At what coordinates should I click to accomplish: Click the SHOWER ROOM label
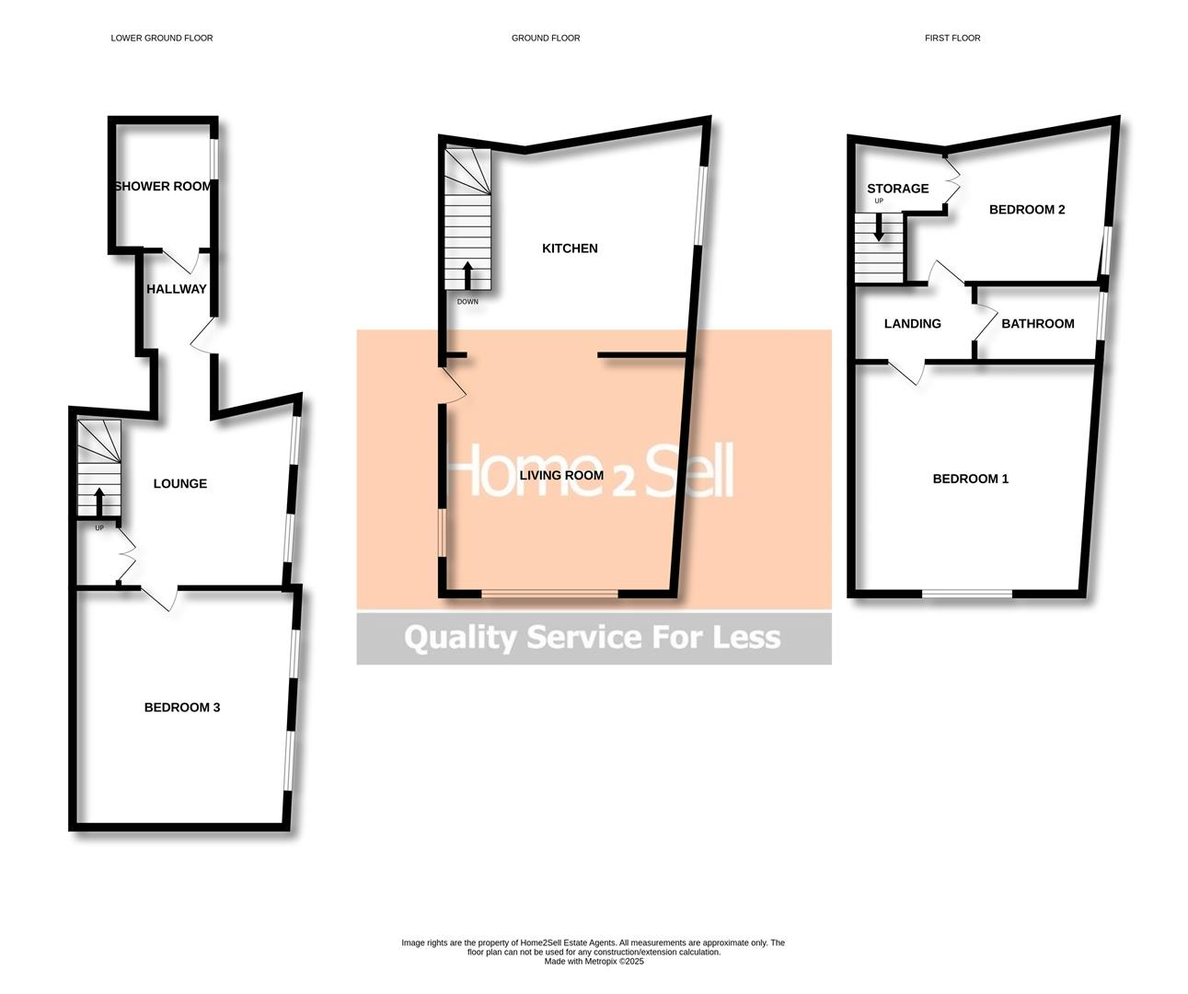(x=163, y=186)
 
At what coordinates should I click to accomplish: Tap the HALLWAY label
(x=177, y=289)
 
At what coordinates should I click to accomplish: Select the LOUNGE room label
(x=180, y=483)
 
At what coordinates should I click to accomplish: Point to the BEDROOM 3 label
(x=182, y=707)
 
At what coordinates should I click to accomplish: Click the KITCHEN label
(x=570, y=248)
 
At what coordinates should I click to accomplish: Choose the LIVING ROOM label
(x=561, y=476)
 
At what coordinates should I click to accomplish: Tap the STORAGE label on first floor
(x=897, y=189)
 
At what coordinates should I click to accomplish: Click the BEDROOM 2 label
(x=1027, y=210)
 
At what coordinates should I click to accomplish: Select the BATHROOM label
(x=1037, y=324)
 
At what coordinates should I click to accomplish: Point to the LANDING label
(x=912, y=324)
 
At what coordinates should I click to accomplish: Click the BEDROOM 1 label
(x=971, y=479)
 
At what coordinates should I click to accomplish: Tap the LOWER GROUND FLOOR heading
(x=162, y=39)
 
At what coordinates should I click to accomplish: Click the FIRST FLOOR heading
(x=952, y=39)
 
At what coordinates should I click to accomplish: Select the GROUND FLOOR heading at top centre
(x=546, y=39)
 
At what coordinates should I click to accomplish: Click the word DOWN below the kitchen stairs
(x=467, y=302)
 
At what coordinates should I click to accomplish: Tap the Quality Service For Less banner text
(x=593, y=637)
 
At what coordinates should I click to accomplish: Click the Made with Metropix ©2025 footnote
(x=594, y=962)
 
